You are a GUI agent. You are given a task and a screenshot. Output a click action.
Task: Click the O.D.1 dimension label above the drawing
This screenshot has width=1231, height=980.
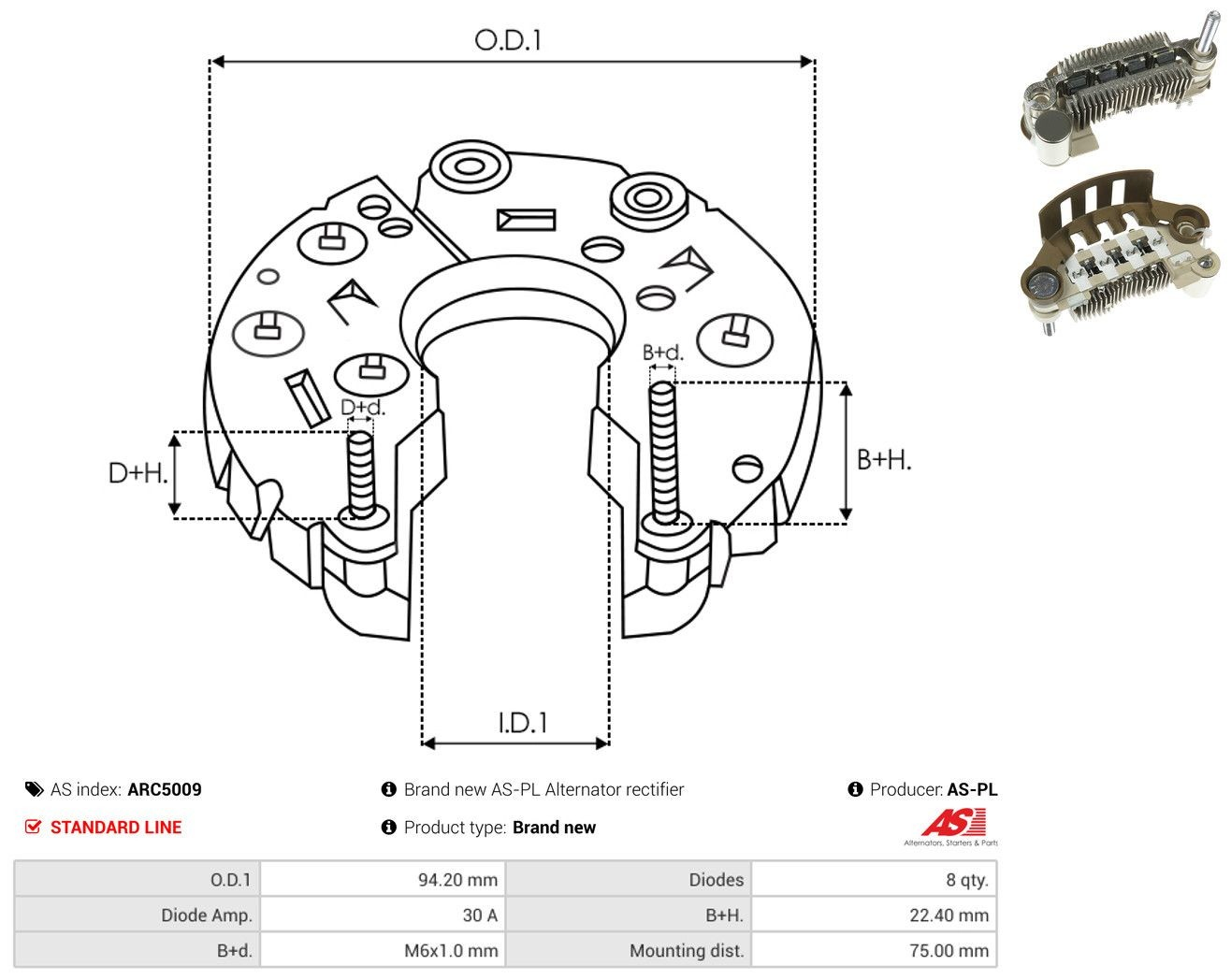tap(507, 40)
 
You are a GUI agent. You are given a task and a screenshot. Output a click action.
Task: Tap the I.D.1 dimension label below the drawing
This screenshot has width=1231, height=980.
tap(523, 723)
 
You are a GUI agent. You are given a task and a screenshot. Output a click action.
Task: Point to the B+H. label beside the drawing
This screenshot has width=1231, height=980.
tap(884, 460)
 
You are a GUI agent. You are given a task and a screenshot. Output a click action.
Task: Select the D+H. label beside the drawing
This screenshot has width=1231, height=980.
tap(138, 473)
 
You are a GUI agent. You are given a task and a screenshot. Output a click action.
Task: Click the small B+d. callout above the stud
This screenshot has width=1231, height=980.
tap(663, 353)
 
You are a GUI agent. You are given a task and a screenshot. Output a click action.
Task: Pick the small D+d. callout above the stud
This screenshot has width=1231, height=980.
tap(363, 407)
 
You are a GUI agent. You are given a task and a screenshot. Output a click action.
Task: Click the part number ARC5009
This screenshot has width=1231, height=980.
tap(165, 789)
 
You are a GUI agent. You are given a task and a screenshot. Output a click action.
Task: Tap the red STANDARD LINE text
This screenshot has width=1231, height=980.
tap(116, 828)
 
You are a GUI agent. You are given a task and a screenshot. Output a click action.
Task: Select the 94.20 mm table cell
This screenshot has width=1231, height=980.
tap(383, 879)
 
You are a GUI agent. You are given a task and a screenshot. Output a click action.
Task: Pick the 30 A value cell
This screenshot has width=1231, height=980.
tap(383, 915)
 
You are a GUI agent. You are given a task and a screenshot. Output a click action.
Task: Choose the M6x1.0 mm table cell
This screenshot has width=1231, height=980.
tap(383, 950)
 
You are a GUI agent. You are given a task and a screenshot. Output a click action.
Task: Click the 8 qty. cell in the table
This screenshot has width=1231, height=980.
tap(874, 879)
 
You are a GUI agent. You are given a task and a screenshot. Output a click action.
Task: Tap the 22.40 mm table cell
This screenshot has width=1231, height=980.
tap(874, 915)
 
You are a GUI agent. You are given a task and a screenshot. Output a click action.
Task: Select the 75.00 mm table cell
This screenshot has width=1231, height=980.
tap(874, 950)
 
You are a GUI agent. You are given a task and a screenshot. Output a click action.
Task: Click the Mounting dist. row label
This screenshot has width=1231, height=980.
tap(687, 951)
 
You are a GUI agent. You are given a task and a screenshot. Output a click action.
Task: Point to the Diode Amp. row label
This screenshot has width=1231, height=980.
tap(207, 915)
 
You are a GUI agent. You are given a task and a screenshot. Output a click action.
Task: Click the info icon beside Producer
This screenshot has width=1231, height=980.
tap(855, 789)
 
